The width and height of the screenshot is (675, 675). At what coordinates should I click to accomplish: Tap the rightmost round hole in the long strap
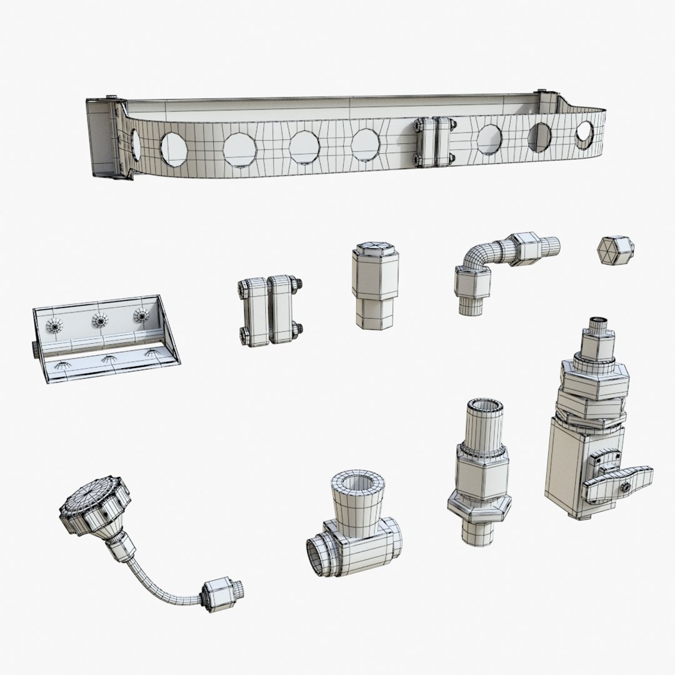pos(584,131)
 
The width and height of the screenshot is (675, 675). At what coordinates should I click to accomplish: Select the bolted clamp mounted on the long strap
pos(432,141)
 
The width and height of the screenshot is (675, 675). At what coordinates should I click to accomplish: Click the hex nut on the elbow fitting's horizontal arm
pos(524,248)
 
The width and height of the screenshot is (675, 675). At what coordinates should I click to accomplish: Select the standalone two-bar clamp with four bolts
pos(269,310)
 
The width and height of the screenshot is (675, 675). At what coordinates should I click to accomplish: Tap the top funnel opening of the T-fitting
pos(353,484)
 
